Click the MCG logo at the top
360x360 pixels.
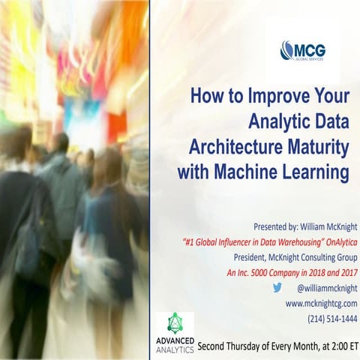tap(306, 50)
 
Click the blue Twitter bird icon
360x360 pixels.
tap(277, 287)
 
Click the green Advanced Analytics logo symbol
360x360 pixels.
tap(175, 324)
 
